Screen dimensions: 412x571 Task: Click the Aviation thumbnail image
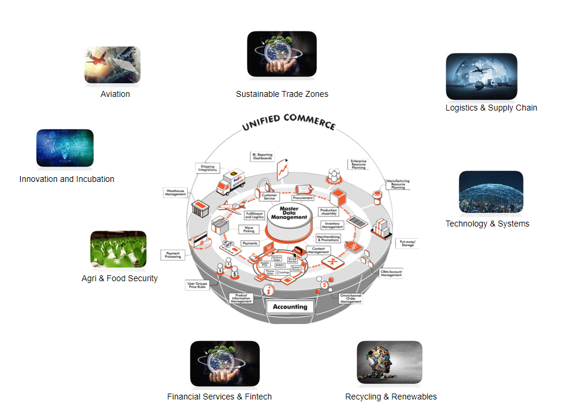pos(112,66)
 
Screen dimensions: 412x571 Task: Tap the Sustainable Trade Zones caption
pos(282,94)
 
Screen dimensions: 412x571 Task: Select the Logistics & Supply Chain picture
pos(481,76)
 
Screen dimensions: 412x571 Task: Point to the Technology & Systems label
pos(487,224)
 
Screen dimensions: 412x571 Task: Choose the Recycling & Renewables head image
pos(389,364)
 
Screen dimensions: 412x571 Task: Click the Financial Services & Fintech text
pos(220,397)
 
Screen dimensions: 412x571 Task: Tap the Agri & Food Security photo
pos(118,250)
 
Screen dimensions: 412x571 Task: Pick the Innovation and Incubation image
pos(65,147)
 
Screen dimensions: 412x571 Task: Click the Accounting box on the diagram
pos(290,307)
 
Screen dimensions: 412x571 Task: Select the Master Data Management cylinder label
pos(289,213)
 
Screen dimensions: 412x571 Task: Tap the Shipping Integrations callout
pos(208,168)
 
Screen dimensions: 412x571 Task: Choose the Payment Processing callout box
pos(173,254)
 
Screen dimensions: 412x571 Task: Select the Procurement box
pos(303,198)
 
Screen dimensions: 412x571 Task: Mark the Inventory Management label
pos(332,225)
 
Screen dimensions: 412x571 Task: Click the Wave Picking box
pos(250,229)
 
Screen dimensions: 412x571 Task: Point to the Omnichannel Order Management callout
pos(351,298)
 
